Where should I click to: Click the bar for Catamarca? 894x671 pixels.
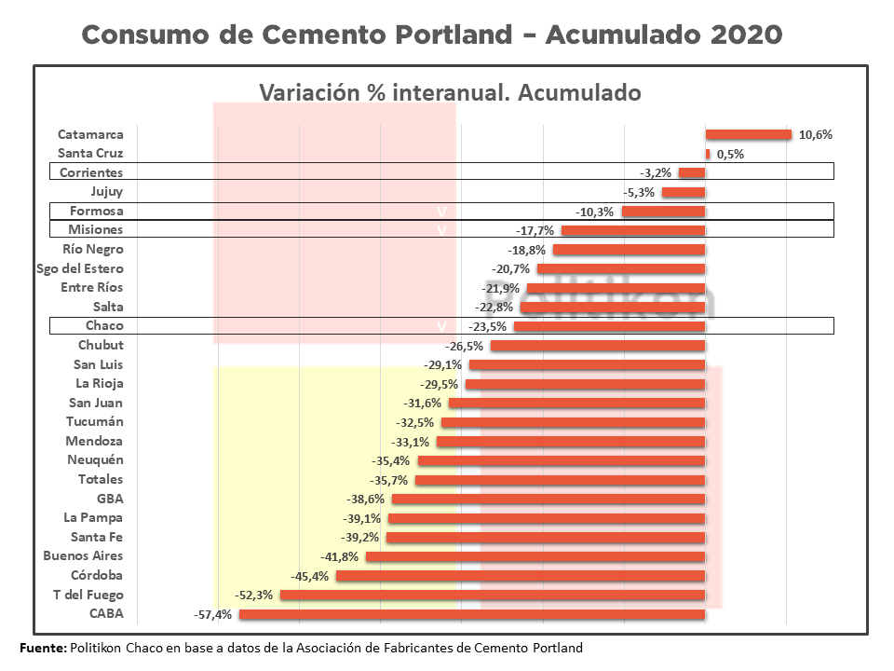pos(748,135)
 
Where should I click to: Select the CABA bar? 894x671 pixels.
pos(472,614)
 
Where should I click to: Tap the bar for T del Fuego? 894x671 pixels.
pos(493,595)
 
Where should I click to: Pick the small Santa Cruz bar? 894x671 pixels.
pos(708,154)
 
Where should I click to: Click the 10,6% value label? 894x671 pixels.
pos(816,135)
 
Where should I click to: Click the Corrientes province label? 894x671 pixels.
pos(91,172)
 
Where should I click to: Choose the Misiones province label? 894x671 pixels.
pos(96,230)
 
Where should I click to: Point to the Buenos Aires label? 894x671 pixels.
pos(83,556)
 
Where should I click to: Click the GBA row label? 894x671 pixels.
pos(110,499)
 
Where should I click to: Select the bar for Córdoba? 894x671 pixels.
pos(521,576)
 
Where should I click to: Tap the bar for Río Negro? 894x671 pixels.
pos(629,250)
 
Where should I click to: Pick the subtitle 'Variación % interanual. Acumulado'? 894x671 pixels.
pos(449,93)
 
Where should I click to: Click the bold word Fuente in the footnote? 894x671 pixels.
pos(43,648)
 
